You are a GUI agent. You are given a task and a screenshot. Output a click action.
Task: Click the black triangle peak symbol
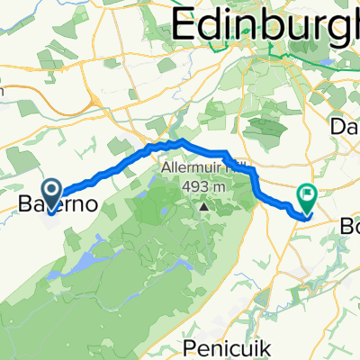click(204, 204)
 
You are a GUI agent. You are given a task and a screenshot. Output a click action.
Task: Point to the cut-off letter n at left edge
click(3, 88)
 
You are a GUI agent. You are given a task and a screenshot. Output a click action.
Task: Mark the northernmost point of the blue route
click(183, 140)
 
